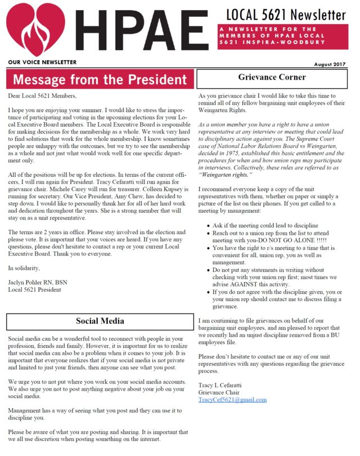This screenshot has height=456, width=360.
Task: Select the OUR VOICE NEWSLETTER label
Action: point(42,62)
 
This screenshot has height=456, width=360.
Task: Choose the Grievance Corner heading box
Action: point(272,78)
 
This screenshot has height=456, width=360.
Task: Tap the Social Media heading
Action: point(100,321)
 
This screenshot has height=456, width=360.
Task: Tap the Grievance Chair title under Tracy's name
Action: point(219,392)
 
